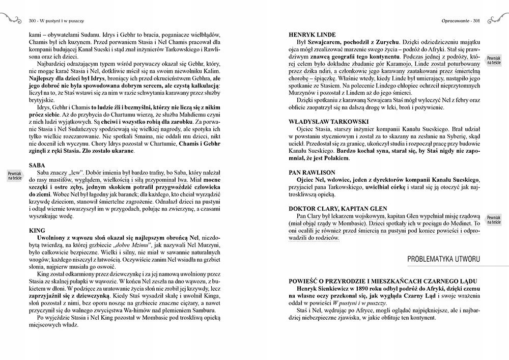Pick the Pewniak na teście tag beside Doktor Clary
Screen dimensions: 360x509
click(x=493, y=219)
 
